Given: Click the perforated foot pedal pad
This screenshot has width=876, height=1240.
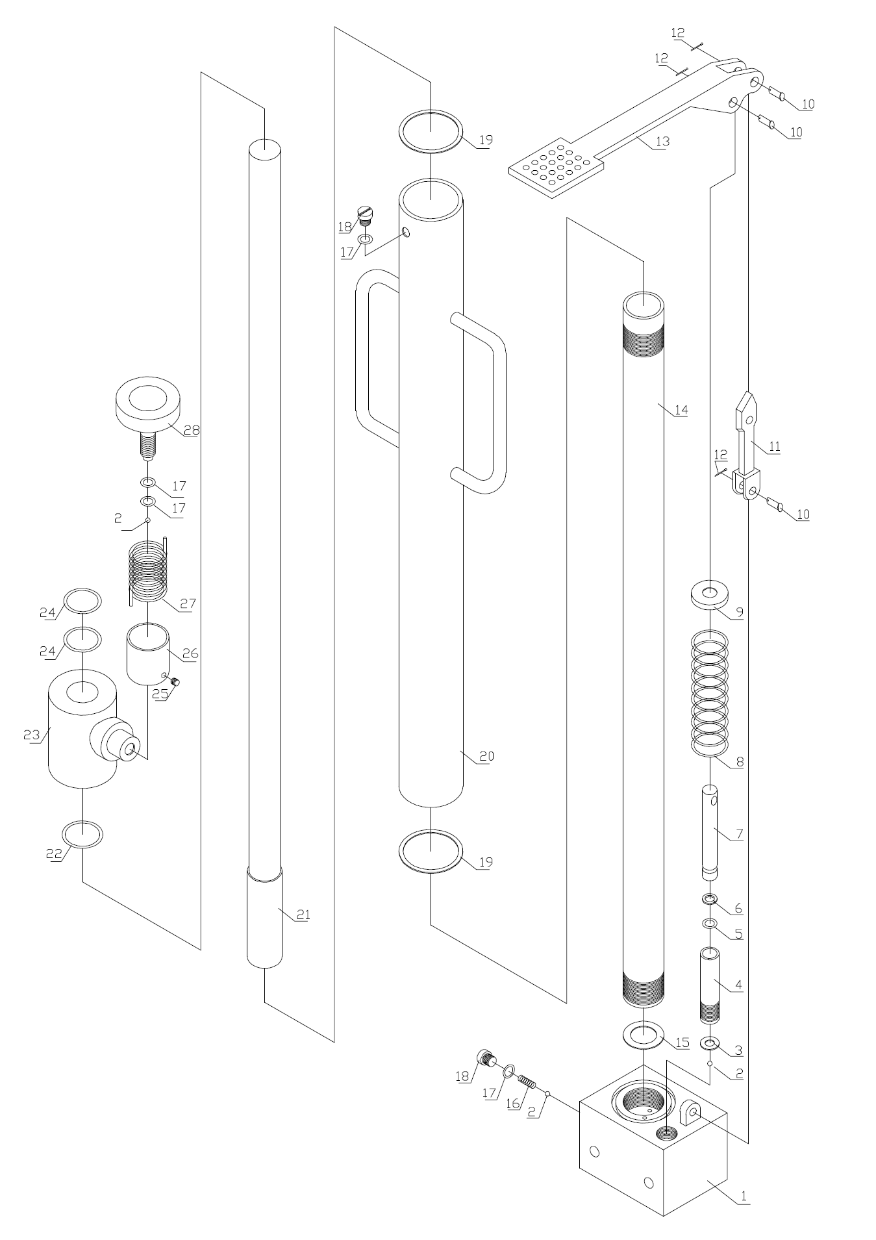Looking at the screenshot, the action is click(x=557, y=166).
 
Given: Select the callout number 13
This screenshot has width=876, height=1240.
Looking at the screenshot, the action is click(x=662, y=141).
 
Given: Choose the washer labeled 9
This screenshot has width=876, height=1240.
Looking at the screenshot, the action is click(x=710, y=595).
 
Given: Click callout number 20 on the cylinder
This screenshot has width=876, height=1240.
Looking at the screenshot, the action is click(x=486, y=756).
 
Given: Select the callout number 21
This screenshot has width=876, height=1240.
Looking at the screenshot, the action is click(x=303, y=915).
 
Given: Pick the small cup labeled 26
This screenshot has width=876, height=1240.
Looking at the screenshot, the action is click(x=149, y=653).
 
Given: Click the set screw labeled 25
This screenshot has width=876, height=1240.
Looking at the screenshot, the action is click(x=175, y=681).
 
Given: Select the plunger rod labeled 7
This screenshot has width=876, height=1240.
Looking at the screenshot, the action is click(x=710, y=831).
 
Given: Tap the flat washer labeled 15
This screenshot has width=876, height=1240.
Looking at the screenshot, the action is click(x=642, y=1035).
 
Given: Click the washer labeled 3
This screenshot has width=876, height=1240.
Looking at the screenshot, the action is click(x=709, y=1044).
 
